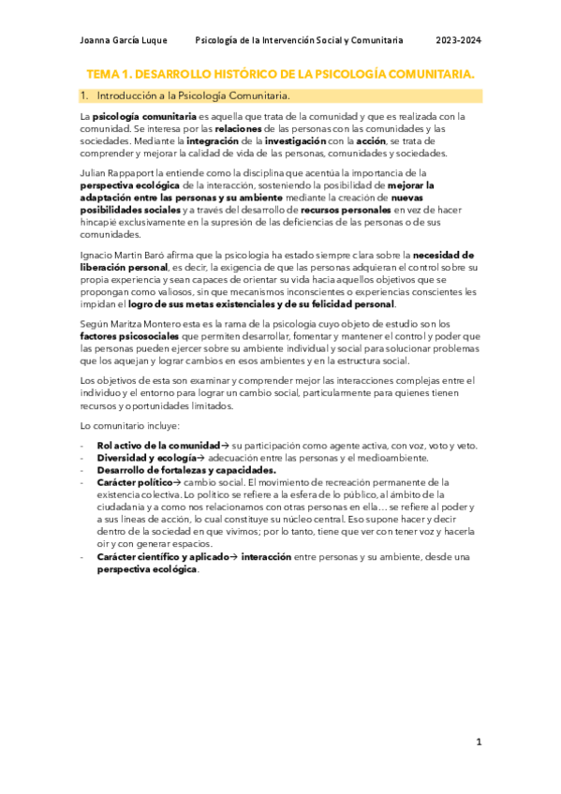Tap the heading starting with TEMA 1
pyautogui.click(x=280, y=73)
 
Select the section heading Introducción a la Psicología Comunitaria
pyautogui.click(x=193, y=96)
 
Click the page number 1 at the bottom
pyautogui.click(x=479, y=743)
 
